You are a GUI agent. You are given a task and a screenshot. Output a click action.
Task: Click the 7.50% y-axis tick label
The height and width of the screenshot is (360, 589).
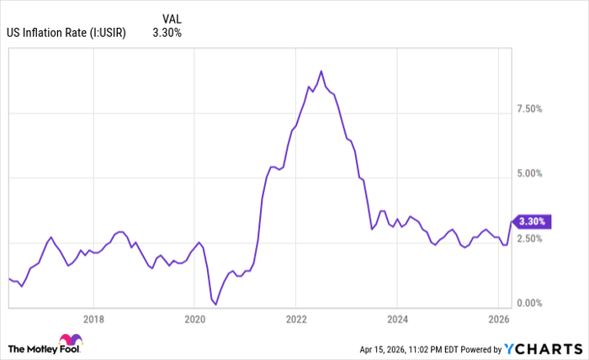528,109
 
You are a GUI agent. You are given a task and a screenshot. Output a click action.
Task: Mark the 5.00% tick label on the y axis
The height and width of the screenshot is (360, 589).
528,174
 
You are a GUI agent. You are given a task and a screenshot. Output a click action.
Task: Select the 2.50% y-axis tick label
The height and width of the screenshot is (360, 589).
528,239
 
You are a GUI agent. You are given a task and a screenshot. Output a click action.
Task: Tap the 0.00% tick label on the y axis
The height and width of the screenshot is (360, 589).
528,304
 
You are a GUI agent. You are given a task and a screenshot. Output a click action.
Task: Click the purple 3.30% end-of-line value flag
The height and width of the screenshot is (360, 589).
533,221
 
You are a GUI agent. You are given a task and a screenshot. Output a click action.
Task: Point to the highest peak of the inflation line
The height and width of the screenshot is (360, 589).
321,71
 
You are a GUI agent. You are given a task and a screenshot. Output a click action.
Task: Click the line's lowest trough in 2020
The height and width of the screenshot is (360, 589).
215,304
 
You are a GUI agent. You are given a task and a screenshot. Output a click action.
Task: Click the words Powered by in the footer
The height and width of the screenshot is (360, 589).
480,348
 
